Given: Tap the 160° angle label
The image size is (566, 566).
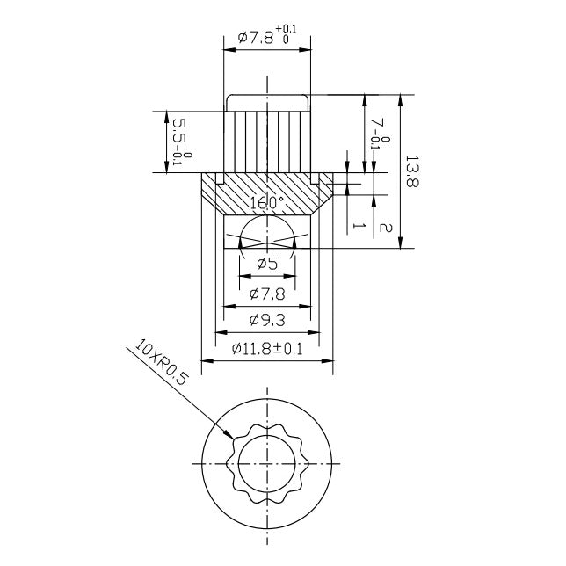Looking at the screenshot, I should (x=267, y=203).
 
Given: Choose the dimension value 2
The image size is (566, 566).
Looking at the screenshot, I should (x=385, y=227).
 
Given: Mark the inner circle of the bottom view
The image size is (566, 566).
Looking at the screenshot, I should (x=267, y=462).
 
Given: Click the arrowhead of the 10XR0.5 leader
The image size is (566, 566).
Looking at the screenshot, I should (x=231, y=436).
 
